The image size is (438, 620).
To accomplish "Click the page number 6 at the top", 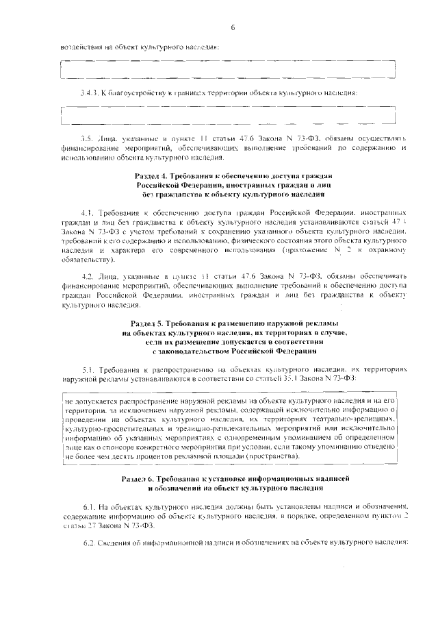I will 233,27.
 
